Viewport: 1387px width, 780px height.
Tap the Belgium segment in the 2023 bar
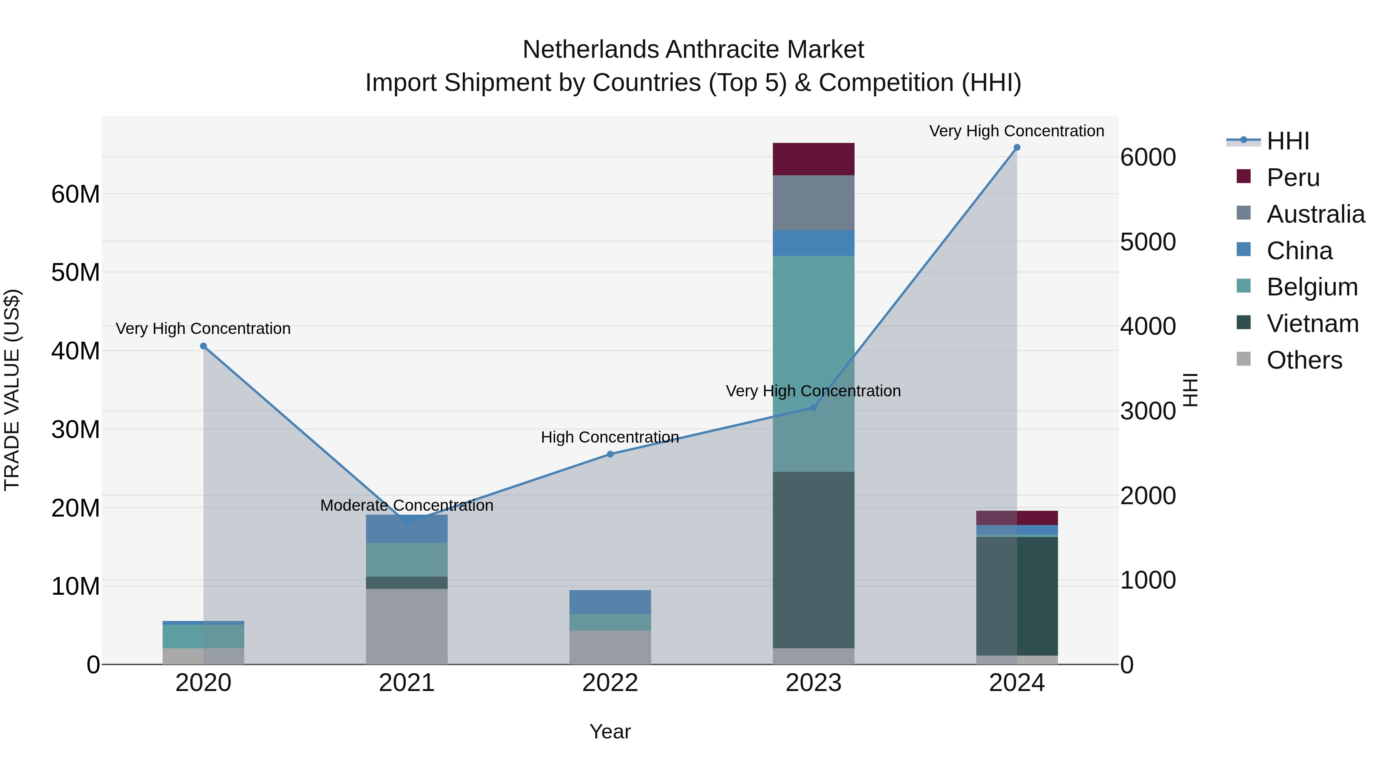(x=813, y=363)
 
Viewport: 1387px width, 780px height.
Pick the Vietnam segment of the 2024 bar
(x=1017, y=595)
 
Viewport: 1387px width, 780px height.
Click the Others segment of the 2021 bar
(x=406, y=626)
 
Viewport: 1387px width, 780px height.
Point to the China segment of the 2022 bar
(x=610, y=602)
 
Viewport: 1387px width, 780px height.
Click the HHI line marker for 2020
(x=203, y=346)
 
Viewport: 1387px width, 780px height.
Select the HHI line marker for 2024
(x=1017, y=148)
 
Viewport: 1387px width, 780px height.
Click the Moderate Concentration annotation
(x=406, y=505)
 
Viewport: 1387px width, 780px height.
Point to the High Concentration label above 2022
(x=610, y=437)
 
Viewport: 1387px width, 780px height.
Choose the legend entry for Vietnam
(x=1312, y=324)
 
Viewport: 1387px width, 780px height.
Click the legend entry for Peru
(x=1293, y=178)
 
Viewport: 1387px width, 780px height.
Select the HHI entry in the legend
(x=1287, y=141)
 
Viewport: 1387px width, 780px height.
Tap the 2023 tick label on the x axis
(x=813, y=683)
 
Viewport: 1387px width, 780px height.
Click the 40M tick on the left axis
(x=76, y=351)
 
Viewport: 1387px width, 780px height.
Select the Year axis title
(x=610, y=731)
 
